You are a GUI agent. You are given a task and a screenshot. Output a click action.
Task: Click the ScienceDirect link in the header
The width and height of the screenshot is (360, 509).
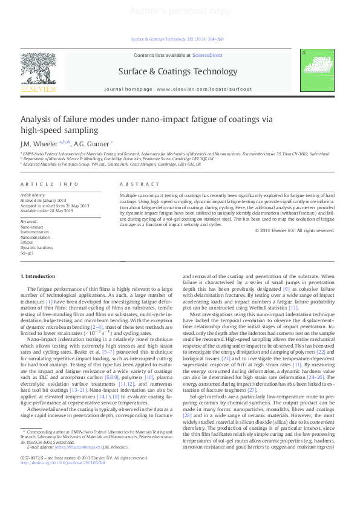tap(207, 55)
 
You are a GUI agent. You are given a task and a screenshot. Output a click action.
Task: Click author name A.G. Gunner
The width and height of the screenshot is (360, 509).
tap(91, 144)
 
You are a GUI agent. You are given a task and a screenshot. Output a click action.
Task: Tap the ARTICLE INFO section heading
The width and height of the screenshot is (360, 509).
tap(50, 183)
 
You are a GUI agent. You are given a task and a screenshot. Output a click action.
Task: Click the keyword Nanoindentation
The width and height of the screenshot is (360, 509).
tap(34, 238)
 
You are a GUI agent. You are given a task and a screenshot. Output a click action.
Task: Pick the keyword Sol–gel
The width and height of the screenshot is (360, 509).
tap(27, 253)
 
